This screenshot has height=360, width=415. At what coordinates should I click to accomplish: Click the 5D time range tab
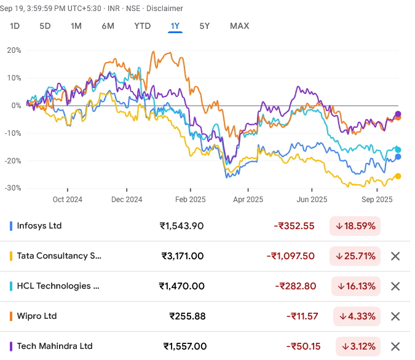click(45, 26)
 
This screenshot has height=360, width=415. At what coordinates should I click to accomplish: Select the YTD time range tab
click(143, 26)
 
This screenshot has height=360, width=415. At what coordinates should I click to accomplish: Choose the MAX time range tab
click(239, 26)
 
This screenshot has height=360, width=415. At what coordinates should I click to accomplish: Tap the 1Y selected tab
click(175, 26)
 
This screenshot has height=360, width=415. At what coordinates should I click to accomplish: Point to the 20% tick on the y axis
click(14, 50)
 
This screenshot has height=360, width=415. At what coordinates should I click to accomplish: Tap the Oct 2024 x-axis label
click(67, 200)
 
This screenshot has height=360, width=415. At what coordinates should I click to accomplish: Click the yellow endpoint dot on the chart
click(398, 176)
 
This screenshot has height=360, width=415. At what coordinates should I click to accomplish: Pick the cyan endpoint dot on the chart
click(398, 150)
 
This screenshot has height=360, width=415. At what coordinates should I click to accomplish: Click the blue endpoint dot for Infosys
click(398, 157)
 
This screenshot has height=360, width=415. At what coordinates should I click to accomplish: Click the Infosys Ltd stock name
click(39, 225)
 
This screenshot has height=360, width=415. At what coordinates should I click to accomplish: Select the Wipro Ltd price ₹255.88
click(187, 316)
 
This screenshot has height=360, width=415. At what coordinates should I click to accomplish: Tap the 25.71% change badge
click(355, 256)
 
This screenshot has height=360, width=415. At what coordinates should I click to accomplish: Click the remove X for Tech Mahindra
click(395, 346)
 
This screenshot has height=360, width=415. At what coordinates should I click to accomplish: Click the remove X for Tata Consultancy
click(395, 256)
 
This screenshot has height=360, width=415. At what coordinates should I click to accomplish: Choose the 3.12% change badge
click(358, 346)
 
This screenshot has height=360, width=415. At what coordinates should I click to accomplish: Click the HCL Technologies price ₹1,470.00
click(181, 286)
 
